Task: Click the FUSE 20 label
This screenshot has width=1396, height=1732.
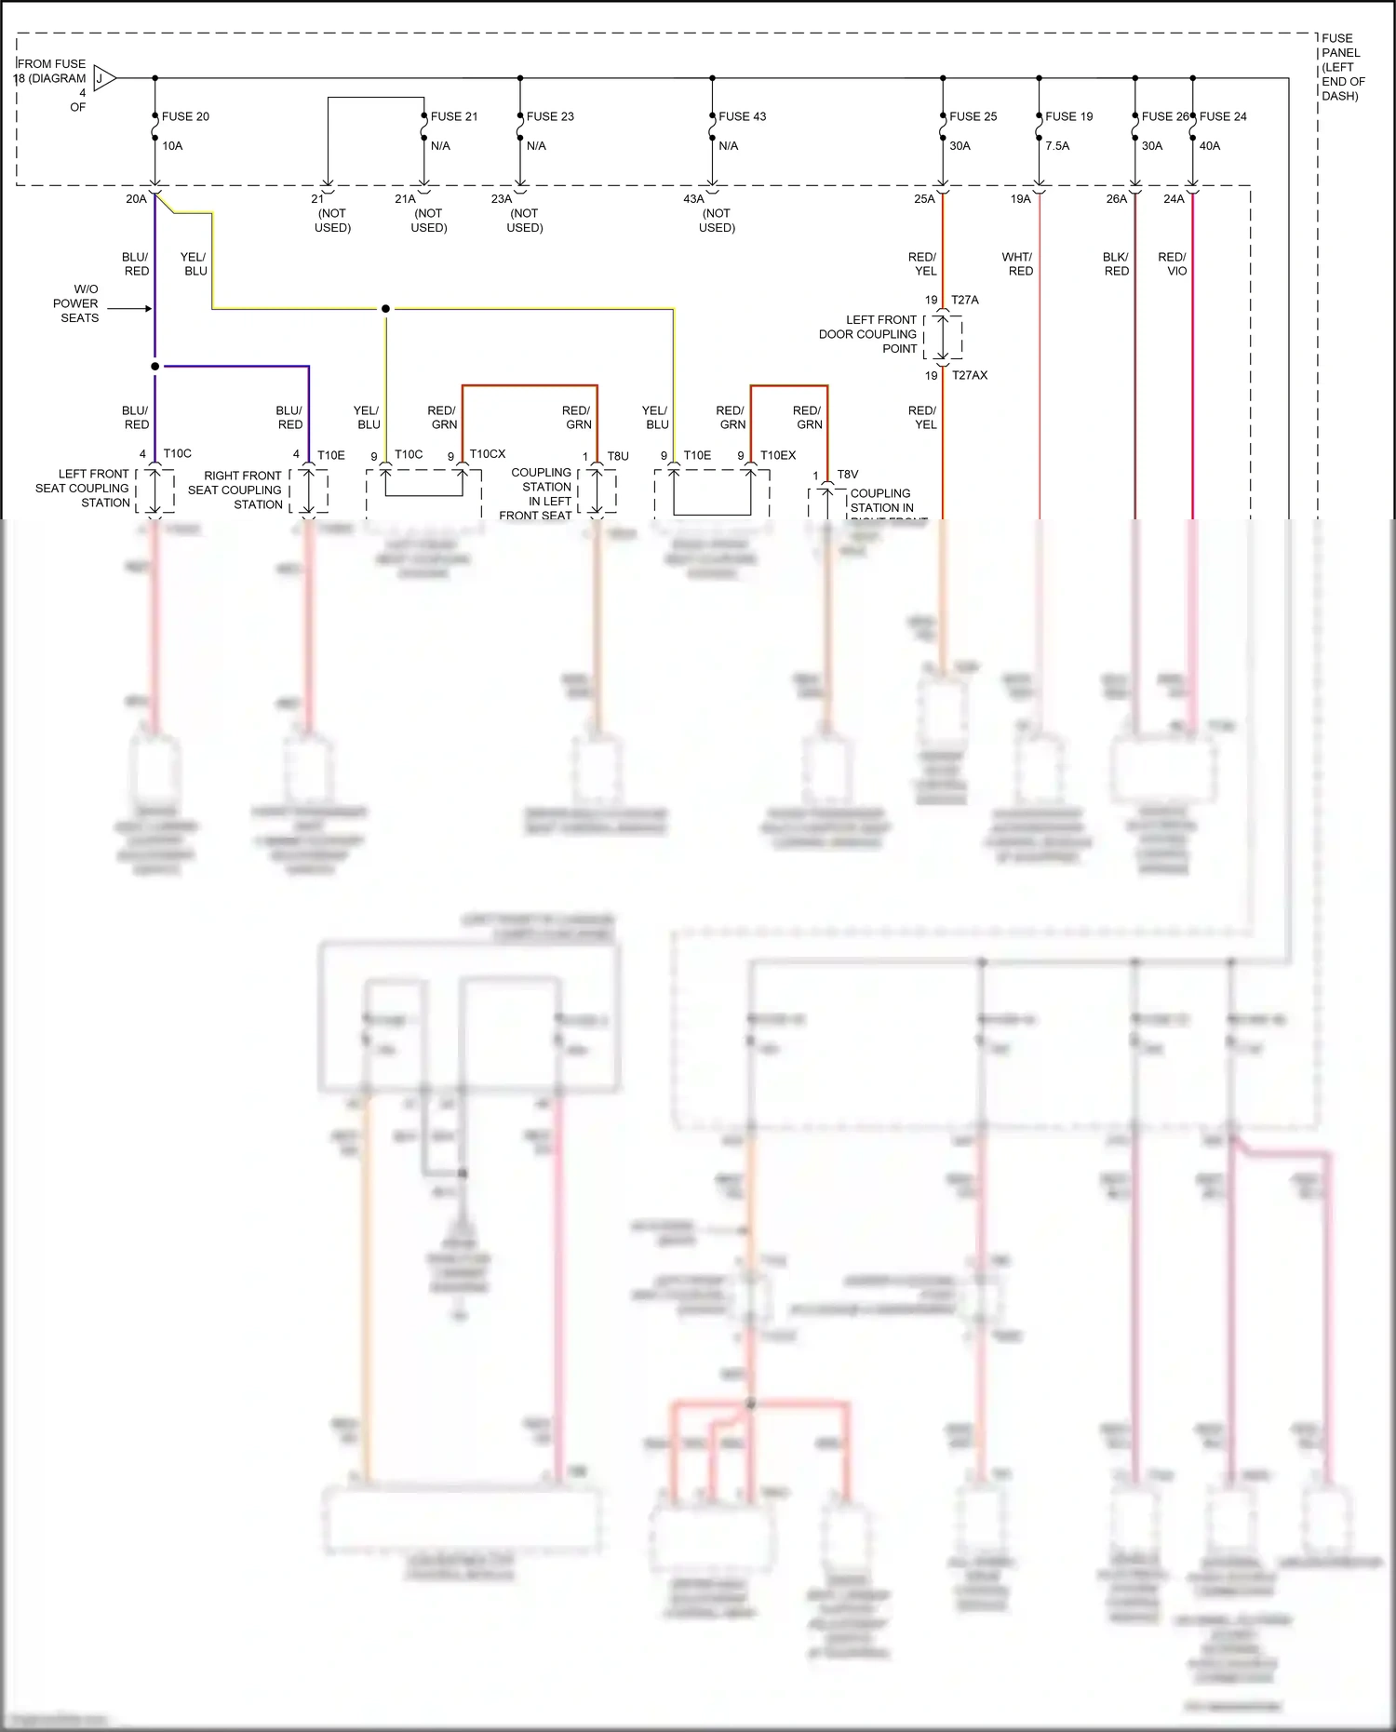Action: pos(185,116)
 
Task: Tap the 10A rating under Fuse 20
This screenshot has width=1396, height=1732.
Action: pos(172,146)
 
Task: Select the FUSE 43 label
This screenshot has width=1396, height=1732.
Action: pos(742,116)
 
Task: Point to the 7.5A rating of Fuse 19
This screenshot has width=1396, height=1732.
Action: pos(1057,146)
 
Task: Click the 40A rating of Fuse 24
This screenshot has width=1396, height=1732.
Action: pos(1209,146)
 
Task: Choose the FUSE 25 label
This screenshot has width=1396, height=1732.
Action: pos(973,116)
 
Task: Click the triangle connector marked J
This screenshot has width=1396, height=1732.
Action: pos(103,78)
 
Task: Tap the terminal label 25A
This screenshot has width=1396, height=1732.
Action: pos(923,199)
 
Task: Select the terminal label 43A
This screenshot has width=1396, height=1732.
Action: pos(693,199)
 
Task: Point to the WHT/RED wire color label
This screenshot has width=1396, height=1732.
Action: pos(1017,264)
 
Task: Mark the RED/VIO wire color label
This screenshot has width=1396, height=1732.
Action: pos(1173,264)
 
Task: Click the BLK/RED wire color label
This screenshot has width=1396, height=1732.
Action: pos(1116,264)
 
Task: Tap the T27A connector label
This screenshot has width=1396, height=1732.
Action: pos(964,300)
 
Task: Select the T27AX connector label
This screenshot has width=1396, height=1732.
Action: pos(969,375)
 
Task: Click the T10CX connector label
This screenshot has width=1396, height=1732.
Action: pos(487,454)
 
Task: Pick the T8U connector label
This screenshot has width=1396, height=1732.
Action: pos(618,456)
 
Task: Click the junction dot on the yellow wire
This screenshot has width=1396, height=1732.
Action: pos(385,308)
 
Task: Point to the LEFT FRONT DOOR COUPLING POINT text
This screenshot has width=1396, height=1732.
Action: pos(867,334)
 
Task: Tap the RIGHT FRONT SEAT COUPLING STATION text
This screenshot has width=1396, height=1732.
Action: pos(236,490)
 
